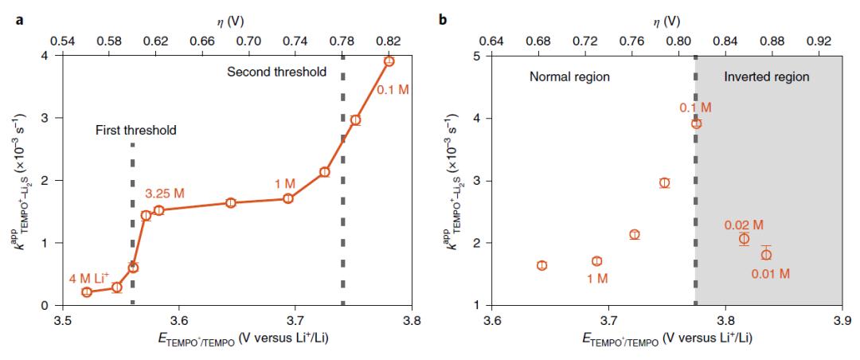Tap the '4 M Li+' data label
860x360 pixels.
92,276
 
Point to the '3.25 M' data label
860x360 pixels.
165,194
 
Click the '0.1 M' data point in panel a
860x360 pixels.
389,61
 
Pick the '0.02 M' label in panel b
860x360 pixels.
744,224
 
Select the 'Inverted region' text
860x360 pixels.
766,77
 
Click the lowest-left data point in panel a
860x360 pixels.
87,292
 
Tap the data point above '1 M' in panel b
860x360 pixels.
596,261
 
